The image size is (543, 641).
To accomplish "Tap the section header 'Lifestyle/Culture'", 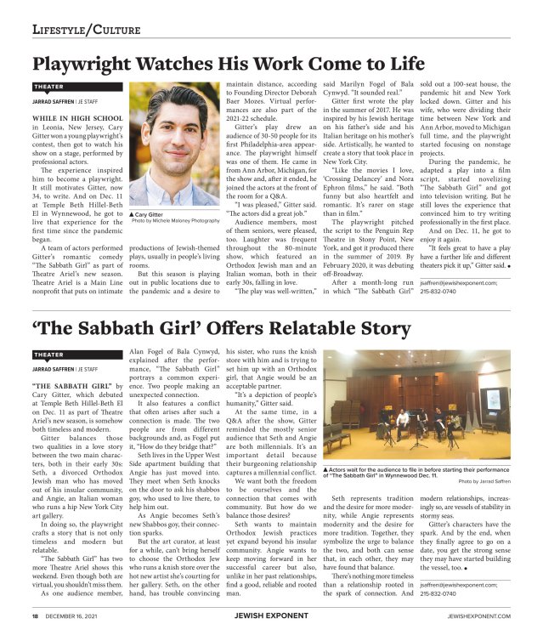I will click(75, 31).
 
